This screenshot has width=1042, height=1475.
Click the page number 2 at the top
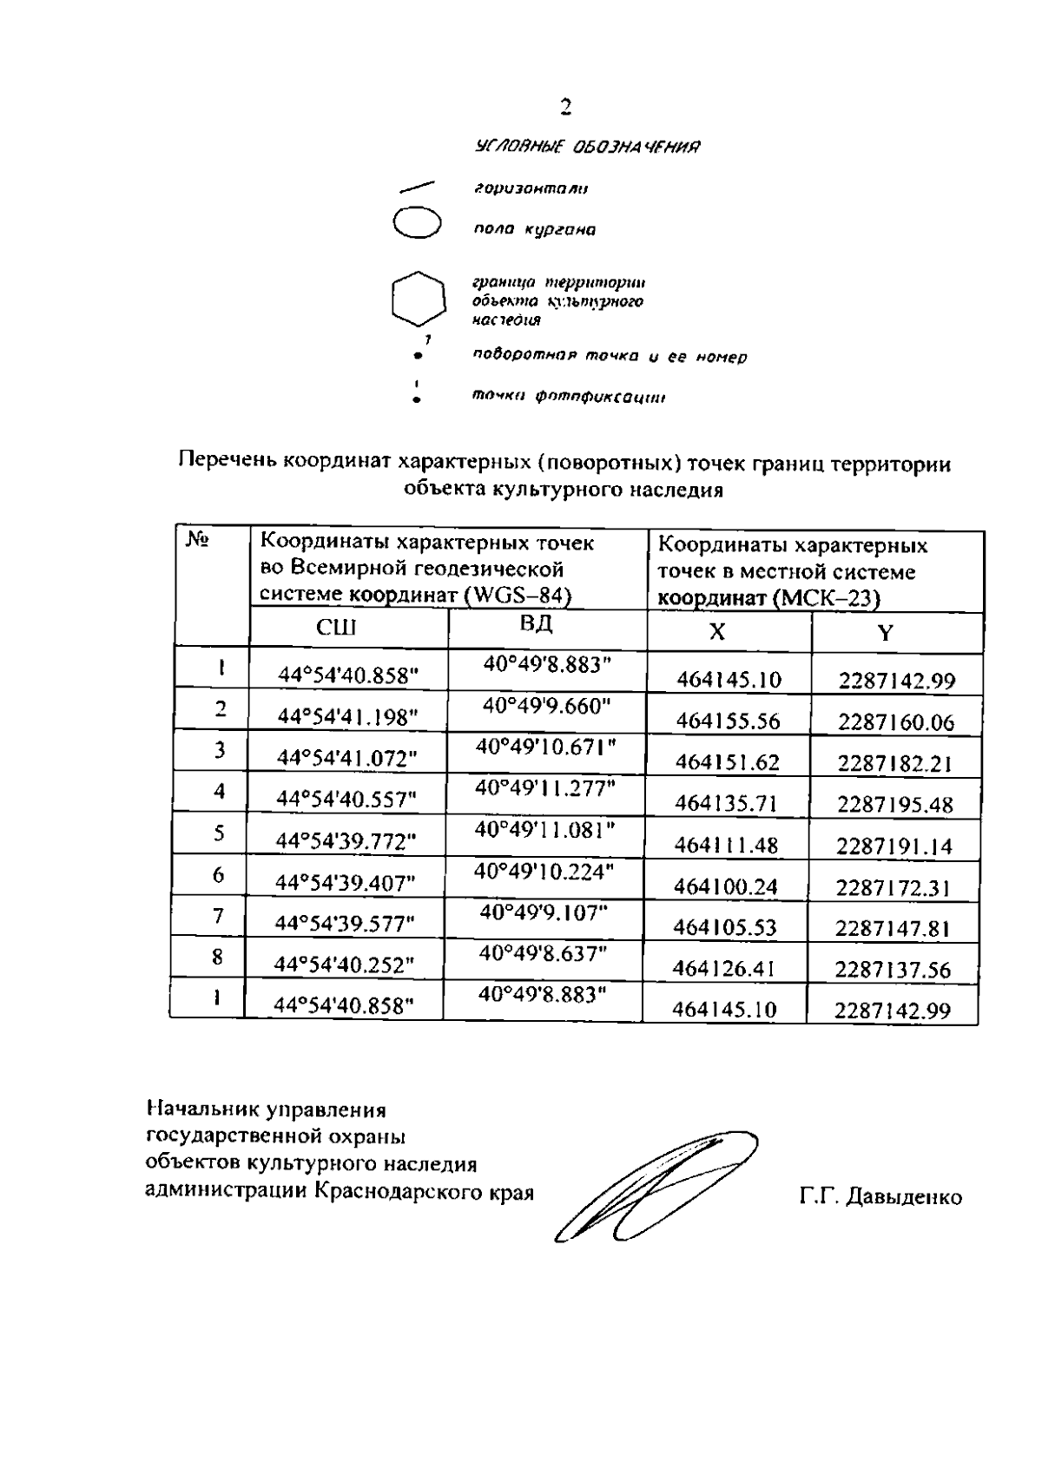click(x=566, y=108)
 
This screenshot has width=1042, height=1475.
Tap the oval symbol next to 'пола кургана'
click(x=418, y=221)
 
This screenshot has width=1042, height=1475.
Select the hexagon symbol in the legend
click(x=419, y=300)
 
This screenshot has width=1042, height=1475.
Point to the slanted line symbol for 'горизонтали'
click(x=418, y=187)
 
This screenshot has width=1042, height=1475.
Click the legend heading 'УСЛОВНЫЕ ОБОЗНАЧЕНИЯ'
click(x=588, y=147)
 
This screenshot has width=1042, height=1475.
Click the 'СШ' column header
click(x=336, y=629)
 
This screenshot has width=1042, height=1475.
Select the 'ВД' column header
click(x=536, y=624)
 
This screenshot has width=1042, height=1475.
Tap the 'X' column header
click(x=716, y=632)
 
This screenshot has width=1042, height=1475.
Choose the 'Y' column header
click(x=884, y=632)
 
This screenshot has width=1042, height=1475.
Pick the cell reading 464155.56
click(x=728, y=721)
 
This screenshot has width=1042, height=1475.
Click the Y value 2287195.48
click(x=895, y=804)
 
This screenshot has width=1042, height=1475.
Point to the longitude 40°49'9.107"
click(x=544, y=912)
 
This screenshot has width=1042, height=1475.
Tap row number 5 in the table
click(x=219, y=833)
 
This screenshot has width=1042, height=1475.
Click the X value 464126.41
click(x=724, y=968)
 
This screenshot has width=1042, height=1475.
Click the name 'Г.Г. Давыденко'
click(x=880, y=1197)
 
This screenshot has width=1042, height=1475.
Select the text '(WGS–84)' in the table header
click(x=518, y=596)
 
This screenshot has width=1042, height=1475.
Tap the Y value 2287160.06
click(x=896, y=721)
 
